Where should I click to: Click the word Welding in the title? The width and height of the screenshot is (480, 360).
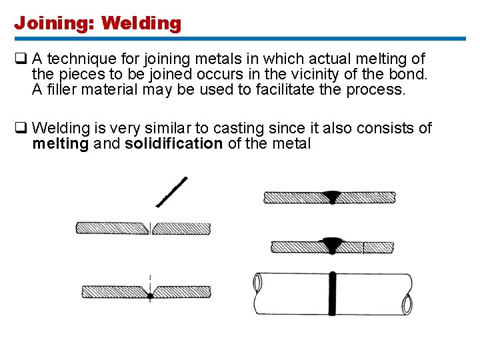[x=141, y=23]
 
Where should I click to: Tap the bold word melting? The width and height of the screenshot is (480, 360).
[x=60, y=143]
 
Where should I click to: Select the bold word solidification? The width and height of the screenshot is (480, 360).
[x=173, y=143]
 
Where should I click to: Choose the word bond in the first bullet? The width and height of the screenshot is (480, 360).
[x=408, y=74]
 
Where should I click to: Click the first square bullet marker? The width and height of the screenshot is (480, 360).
[x=19, y=59]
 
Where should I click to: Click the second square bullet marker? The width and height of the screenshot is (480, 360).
[x=19, y=127]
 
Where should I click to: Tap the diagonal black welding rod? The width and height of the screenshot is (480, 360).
[x=172, y=191]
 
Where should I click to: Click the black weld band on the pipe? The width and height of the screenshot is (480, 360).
[x=331, y=294]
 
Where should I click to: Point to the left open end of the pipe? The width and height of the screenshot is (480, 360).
[x=257, y=284]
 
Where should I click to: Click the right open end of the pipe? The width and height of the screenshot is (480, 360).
[x=407, y=304]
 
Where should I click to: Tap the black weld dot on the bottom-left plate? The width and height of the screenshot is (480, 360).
[x=151, y=295]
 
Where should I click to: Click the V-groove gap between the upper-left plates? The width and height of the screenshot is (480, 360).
[x=151, y=227]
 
